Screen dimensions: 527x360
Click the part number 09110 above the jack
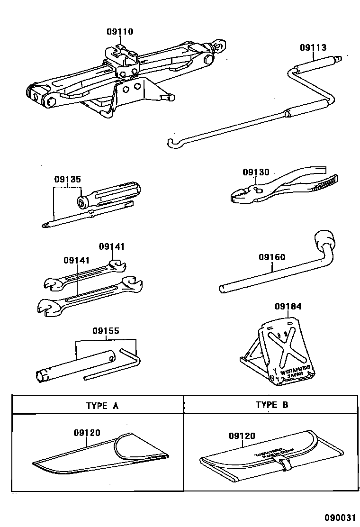[x=120, y=32]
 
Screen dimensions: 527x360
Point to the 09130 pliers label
[x=256, y=172]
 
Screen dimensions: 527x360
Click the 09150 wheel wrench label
[x=272, y=257]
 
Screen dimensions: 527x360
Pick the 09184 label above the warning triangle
[x=288, y=306]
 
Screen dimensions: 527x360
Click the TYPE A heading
[x=102, y=405]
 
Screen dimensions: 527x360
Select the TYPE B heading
[x=271, y=405]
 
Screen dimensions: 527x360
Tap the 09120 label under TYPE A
[x=87, y=433]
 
